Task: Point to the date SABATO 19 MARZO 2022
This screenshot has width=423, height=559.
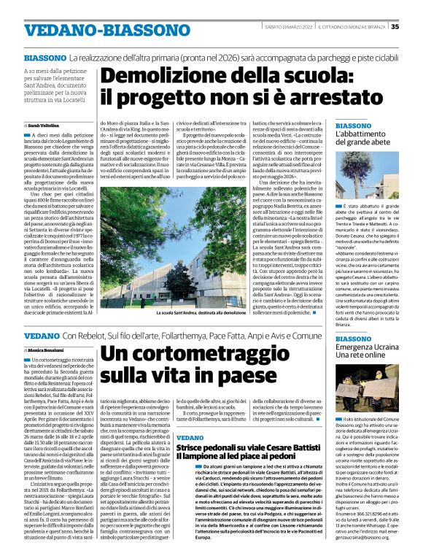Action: (x=287, y=27)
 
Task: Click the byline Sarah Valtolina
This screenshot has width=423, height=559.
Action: (x=46, y=126)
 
